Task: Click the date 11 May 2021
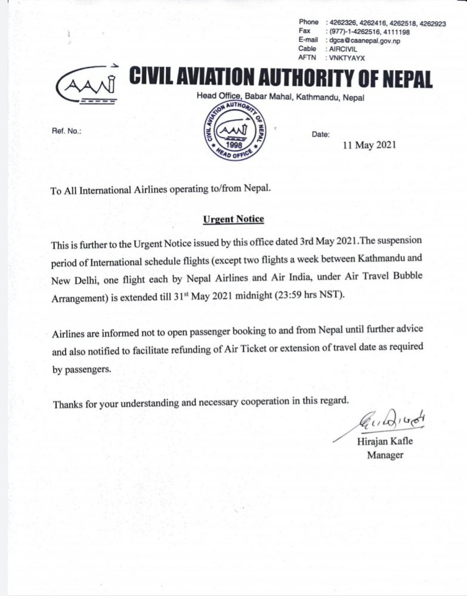tap(369, 145)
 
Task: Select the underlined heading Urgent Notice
tap(233, 219)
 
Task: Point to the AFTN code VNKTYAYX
tap(345, 58)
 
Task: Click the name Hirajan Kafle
tap(385, 442)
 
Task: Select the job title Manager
tap(385, 455)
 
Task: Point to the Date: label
tap(320, 135)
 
